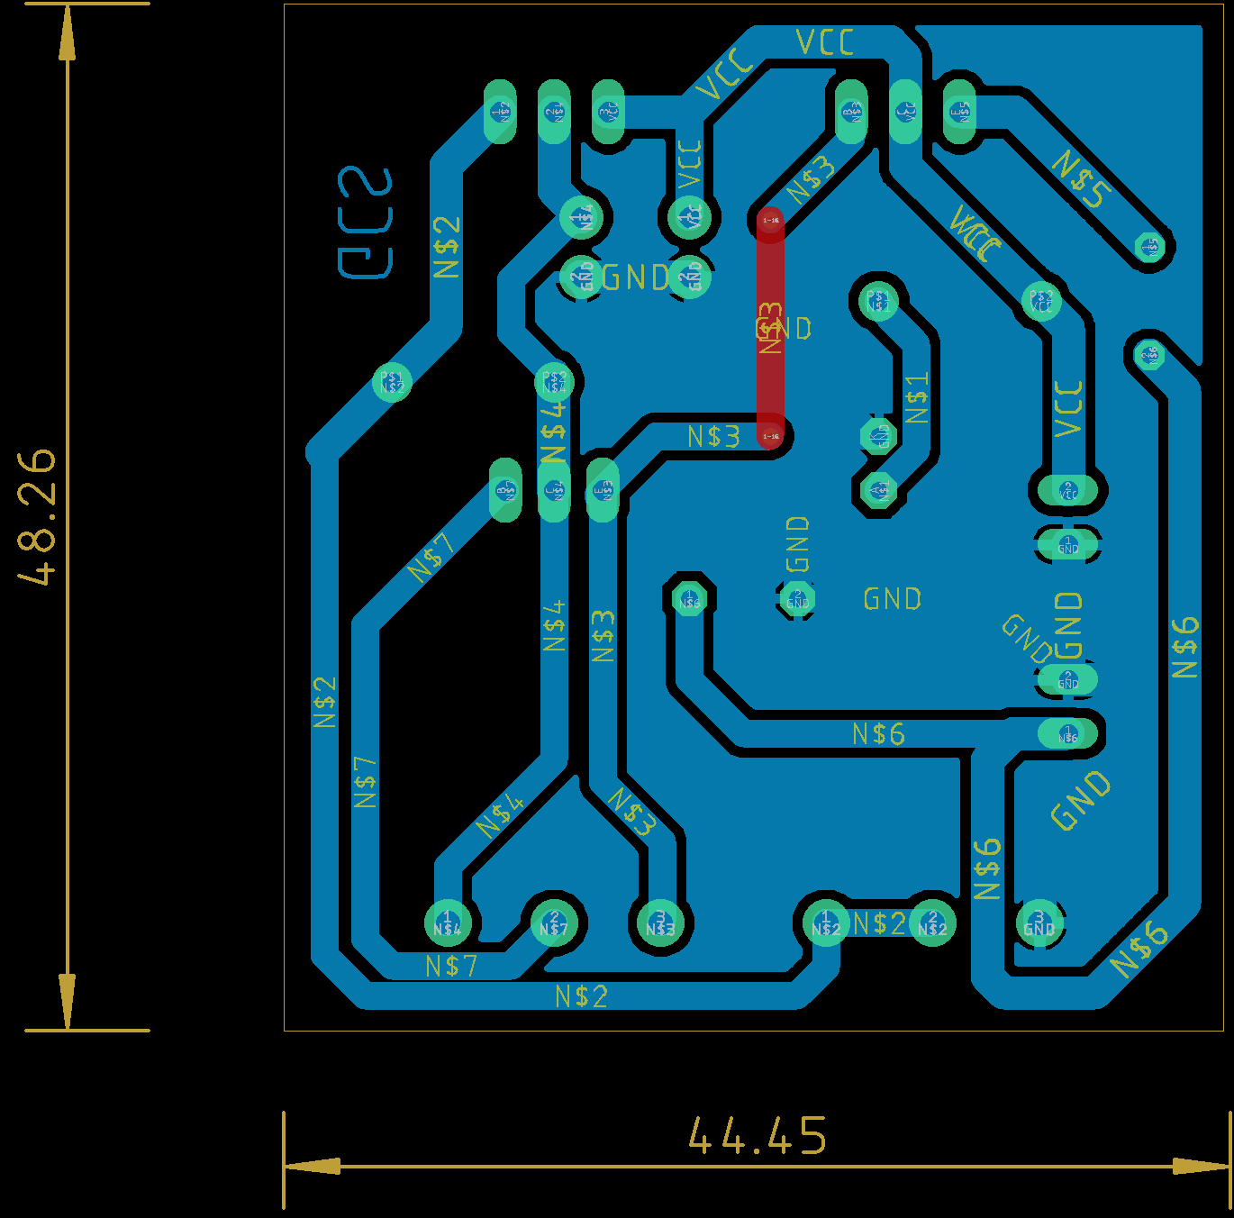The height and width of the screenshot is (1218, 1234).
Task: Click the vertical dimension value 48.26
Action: pyautogui.click(x=37, y=517)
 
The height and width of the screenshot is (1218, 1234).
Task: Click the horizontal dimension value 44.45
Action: pyautogui.click(x=758, y=1136)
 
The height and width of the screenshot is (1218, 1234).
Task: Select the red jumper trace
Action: pyautogui.click(x=770, y=328)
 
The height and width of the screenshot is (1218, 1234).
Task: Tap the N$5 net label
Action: pyautogui.click(x=1082, y=179)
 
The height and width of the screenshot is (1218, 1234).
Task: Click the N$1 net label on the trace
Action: pyautogui.click(x=917, y=398)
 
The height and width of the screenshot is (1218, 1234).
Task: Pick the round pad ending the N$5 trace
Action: pyautogui.click(x=1149, y=246)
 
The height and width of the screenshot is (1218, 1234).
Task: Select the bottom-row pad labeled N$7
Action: pyautogui.click(x=554, y=923)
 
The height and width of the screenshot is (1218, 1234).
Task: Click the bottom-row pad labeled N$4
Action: pyautogui.click(x=448, y=923)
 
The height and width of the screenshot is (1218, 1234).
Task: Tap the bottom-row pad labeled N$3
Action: pyautogui.click(x=660, y=923)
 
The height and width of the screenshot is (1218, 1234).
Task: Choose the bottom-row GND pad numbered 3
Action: pyautogui.click(x=1039, y=923)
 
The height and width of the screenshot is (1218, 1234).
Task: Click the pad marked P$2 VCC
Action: pyautogui.click(x=1041, y=301)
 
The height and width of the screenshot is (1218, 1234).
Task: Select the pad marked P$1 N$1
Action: pyautogui.click(x=878, y=301)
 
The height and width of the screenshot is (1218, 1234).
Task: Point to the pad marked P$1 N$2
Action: pyautogui.click(x=392, y=382)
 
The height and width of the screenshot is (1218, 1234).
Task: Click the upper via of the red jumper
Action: pyautogui.click(x=771, y=220)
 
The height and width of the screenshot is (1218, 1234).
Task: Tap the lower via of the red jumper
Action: pyautogui.click(x=771, y=436)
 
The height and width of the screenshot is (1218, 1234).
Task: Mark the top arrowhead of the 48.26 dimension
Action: pyautogui.click(x=67, y=36)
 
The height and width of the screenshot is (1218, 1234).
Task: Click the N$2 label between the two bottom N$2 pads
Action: pyautogui.click(x=879, y=923)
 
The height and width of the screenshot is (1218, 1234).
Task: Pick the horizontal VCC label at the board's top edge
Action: pyautogui.click(x=825, y=42)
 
